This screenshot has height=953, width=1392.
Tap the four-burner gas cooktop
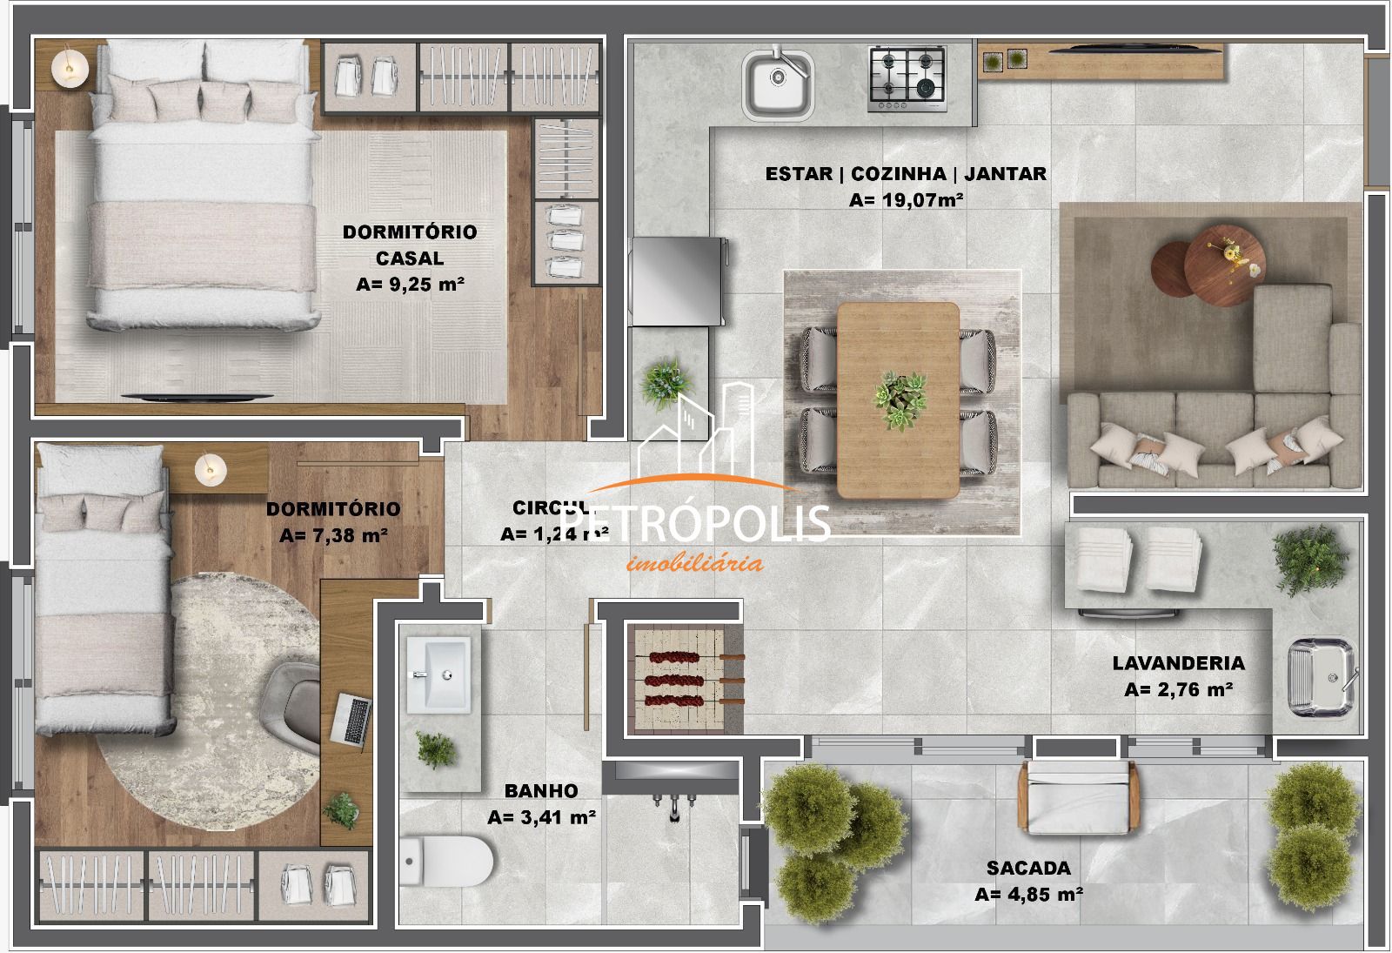(x=907, y=78)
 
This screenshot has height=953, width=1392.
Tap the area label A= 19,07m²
(x=906, y=200)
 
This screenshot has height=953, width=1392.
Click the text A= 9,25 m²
(x=409, y=284)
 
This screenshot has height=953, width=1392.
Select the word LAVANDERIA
(x=1178, y=663)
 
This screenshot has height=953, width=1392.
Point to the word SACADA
(x=1028, y=868)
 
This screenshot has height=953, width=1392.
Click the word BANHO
(x=541, y=791)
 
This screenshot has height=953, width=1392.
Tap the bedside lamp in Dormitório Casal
(x=69, y=67)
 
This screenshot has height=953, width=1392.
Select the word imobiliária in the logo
(x=694, y=563)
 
